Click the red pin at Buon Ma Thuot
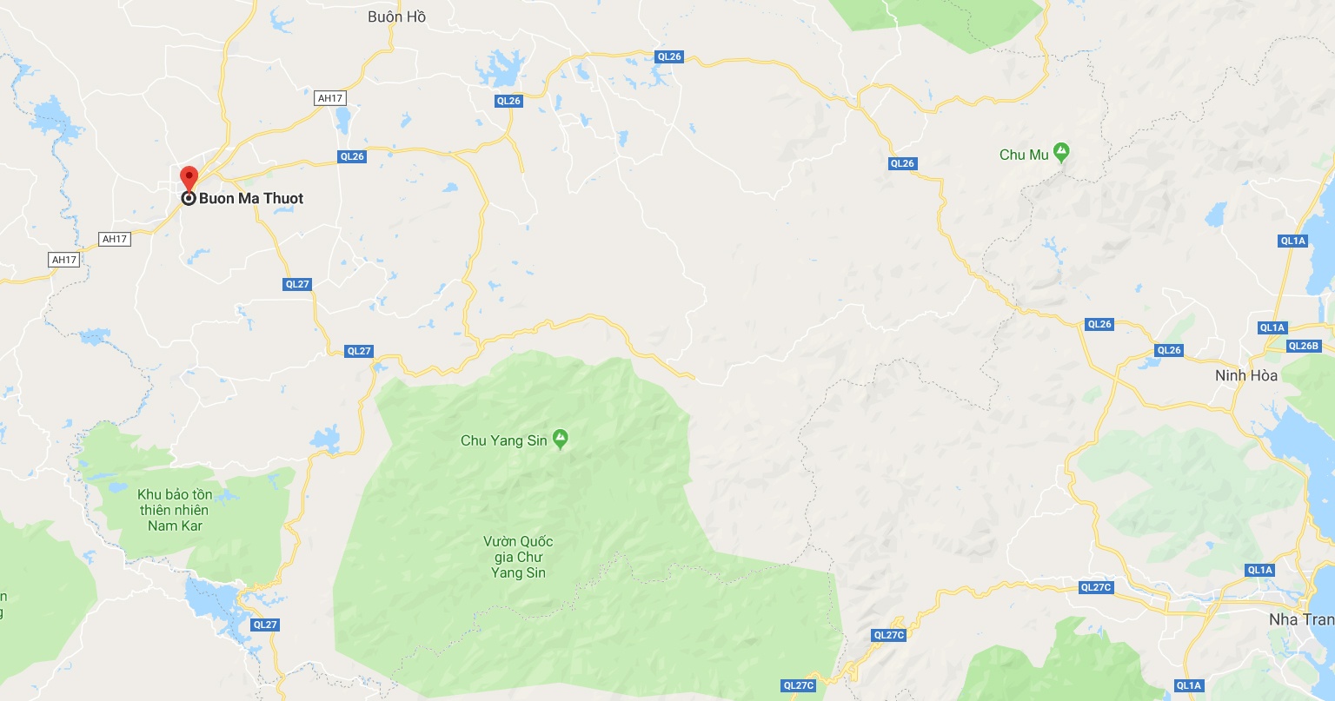point(189,178)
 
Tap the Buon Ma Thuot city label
point(251,198)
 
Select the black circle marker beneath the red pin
point(189,199)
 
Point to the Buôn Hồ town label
point(396,17)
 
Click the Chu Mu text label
point(1024,155)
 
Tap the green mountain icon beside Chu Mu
point(1061,153)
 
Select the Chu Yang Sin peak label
point(504,440)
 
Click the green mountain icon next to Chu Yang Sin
point(561,439)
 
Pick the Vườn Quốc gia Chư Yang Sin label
point(518,557)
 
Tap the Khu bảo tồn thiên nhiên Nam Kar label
point(175,510)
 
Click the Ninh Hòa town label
point(1246,375)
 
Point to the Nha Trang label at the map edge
point(1300,619)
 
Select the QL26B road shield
point(1303,346)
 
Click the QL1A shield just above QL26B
point(1272,327)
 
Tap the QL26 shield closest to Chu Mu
point(902,163)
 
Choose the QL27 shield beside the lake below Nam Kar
point(265,625)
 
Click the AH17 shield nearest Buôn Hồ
point(330,98)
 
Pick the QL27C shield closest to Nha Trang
point(1096,587)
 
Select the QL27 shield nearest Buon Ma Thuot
point(297,284)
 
